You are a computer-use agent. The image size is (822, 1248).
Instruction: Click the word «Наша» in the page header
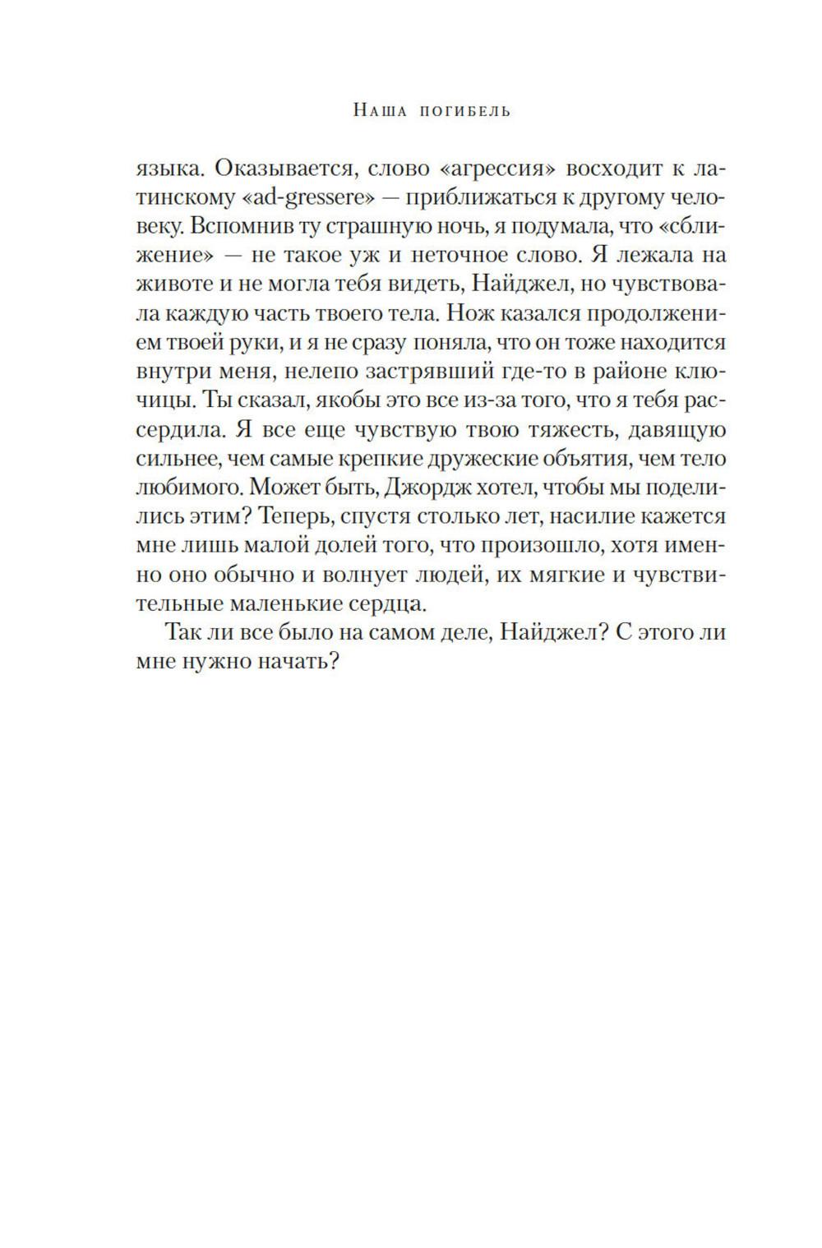379,110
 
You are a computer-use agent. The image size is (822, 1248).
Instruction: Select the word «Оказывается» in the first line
278,169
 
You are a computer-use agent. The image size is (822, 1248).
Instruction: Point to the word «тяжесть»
526,430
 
